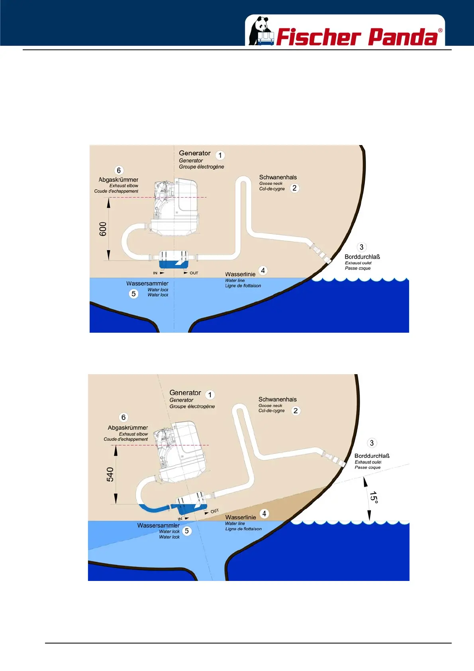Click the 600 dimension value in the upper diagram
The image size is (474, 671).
(103, 229)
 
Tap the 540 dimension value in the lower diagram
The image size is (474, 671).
(110, 474)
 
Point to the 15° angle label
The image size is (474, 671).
(373, 497)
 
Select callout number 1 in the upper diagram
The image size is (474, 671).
(220, 155)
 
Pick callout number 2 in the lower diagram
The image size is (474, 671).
(296, 411)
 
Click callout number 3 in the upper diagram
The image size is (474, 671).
(361, 247)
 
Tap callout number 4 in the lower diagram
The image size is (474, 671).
(264, 514)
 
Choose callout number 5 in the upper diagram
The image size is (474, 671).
(133, 294)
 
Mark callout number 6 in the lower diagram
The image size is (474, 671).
(123, 417)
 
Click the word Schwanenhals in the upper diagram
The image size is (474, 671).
(278, 177)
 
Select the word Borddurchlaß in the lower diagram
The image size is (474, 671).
(372, 456)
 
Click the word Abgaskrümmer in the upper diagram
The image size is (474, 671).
(118, 180)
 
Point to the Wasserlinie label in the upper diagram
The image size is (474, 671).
(240, 274)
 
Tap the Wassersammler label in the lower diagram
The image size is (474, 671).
(158, 526)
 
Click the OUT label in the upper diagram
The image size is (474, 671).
(194, 273)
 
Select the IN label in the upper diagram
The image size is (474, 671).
(155, 273)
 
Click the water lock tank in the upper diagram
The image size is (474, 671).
(174, 259)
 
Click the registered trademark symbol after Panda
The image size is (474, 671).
(440, 30)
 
